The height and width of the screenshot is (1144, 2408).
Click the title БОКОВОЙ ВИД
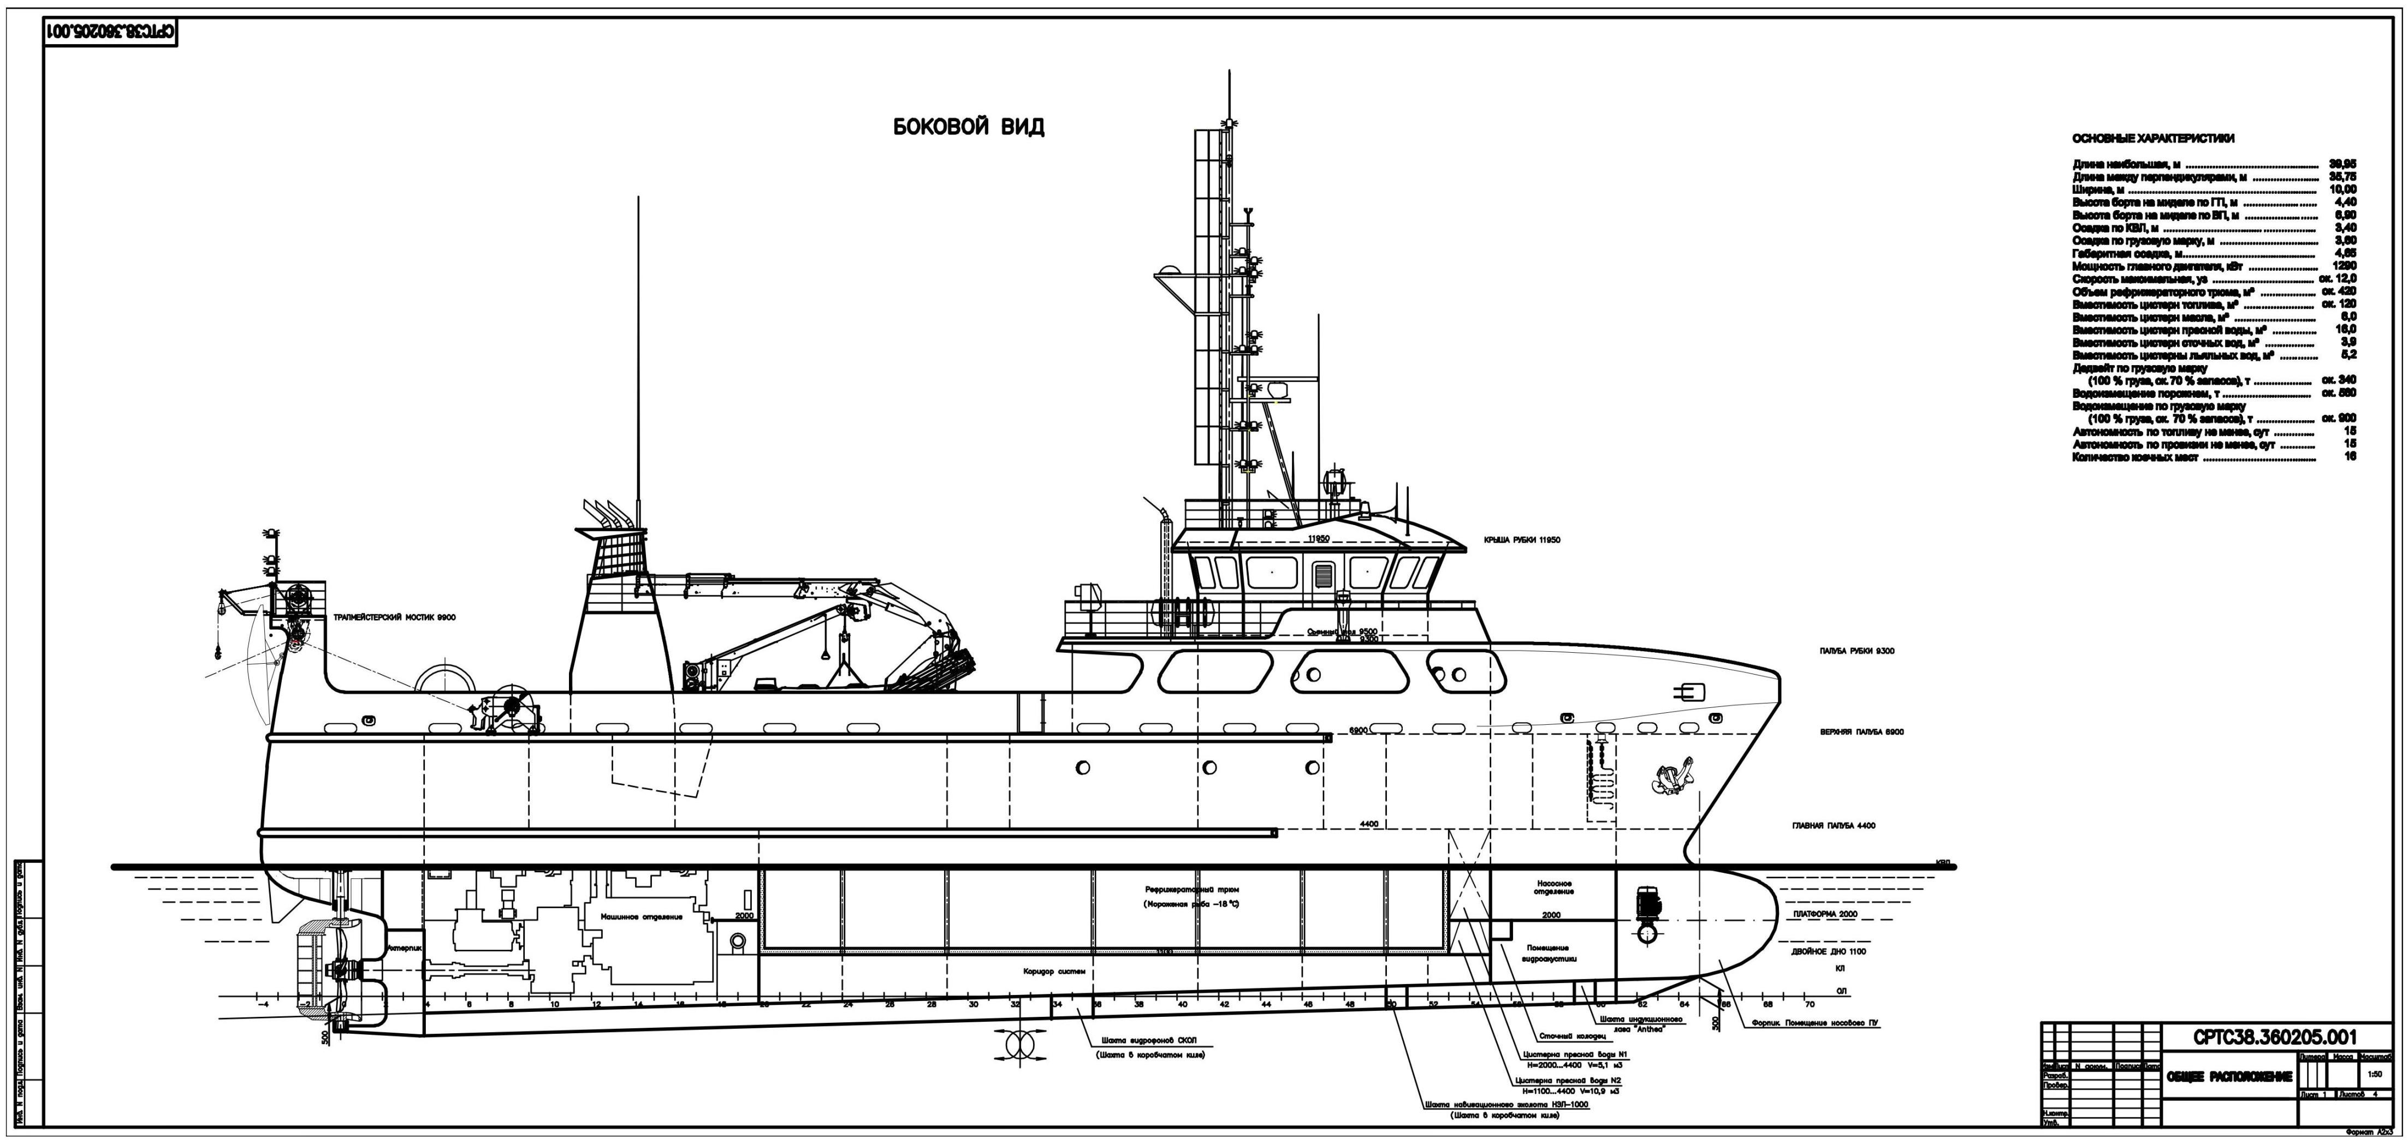click(969, 127)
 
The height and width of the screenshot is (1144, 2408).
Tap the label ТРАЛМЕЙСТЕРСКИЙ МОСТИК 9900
click(394, 618)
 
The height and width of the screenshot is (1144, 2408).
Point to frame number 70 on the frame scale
click(1810, 1005)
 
